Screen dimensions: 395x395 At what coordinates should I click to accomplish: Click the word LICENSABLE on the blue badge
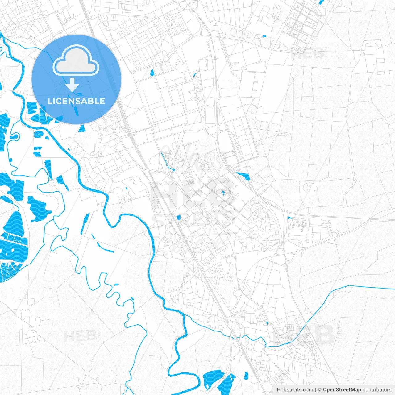click(76, 101)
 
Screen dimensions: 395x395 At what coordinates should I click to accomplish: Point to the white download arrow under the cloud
click(72, 85)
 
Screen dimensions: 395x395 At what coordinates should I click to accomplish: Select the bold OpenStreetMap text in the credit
click(342, 390)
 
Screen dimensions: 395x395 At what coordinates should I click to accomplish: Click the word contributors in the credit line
click(377, 390)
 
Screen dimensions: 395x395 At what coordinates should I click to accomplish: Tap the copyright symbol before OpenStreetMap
click(320, 390)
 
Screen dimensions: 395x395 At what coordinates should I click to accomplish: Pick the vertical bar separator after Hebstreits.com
click(315, 390)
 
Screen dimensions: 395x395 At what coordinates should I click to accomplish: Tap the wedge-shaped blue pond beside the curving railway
click(244, 176)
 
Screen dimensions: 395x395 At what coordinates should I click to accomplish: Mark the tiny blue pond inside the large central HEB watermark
click(223, 193)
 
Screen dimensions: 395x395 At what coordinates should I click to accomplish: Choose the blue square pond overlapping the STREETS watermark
click(178, 218)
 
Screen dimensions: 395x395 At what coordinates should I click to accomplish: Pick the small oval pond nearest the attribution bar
click(246, 376)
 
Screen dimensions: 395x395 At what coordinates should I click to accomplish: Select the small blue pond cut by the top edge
click(322, 2)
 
